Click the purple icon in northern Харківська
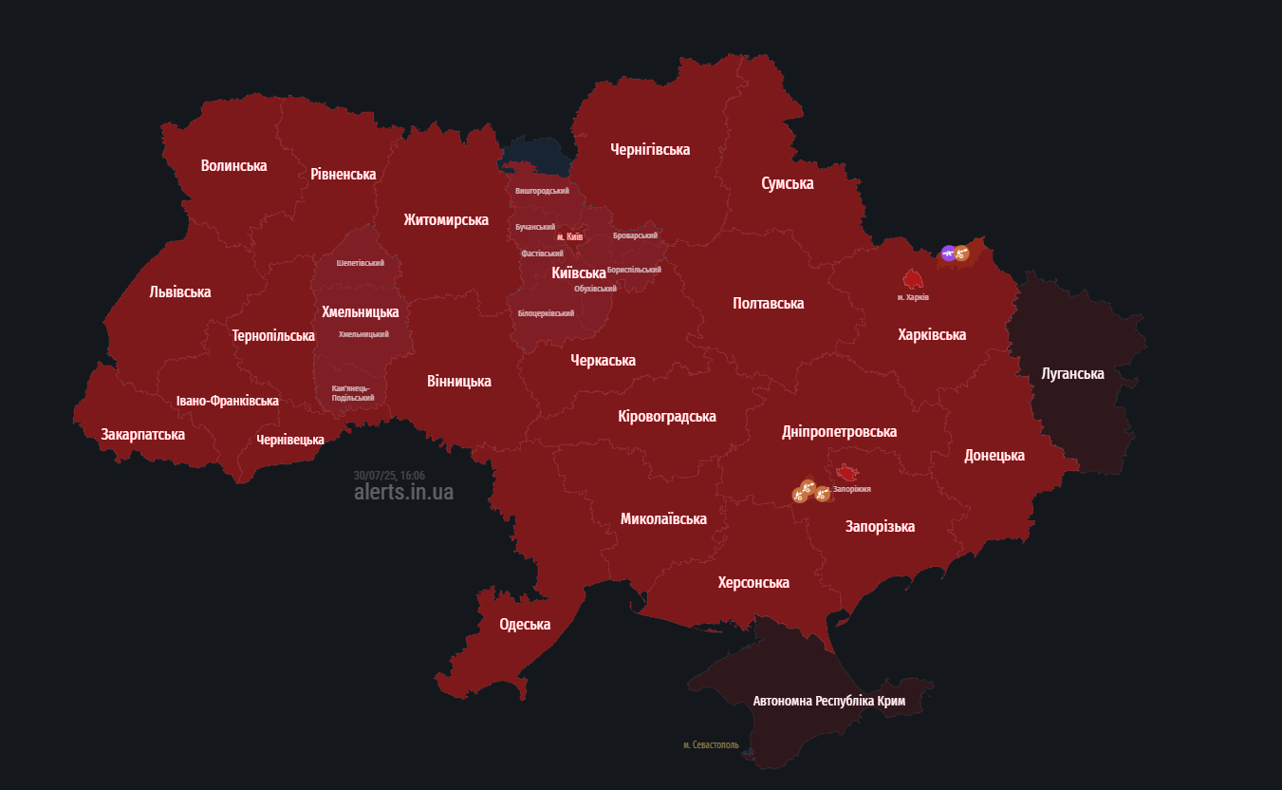pos(948,253)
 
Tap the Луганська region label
pos(1072,374)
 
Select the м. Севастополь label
pos(711,745)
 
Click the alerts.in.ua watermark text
pos(403,492)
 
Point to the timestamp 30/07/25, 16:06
pos(389,476)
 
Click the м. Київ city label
pos(569,236)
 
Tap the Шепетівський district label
pos(361,263)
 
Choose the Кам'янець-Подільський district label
pos(353,393)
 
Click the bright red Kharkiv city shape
pos(913,279)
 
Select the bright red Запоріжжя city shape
pos(846,472)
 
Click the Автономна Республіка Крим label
pos(828,702)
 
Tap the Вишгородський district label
pos(542,191)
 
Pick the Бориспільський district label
pos(634,270)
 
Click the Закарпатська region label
pos(143,435)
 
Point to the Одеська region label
pos(525,625)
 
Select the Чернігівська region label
pos(650,150)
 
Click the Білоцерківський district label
pos(546,313)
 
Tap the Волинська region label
pos(233,166)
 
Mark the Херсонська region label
pos(753,583)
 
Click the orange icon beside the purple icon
pos(962,253)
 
